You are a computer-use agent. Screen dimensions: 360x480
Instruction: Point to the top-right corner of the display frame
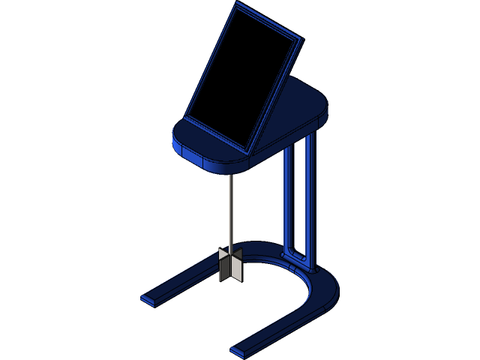[301, 37]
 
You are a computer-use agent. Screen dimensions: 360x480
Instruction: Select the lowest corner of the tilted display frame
[247, 153]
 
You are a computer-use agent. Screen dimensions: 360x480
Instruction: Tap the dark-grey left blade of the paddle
[223, 266]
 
